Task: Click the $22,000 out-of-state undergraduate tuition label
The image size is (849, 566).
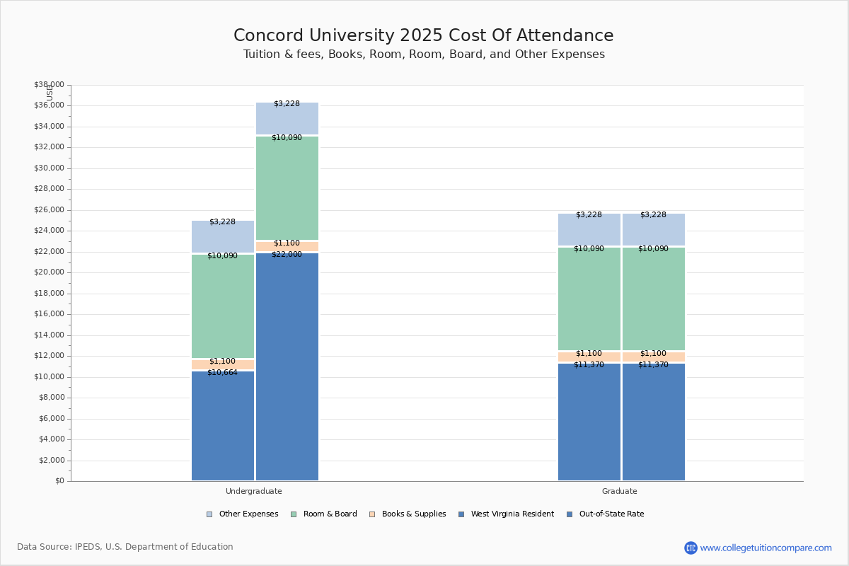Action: (287, 255)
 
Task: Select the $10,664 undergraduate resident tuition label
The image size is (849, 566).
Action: (222, 373)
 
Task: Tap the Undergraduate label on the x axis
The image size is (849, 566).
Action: (253, 491)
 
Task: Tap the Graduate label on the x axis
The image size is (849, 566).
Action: (620, 491)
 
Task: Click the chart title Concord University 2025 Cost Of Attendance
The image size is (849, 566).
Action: (424, 36)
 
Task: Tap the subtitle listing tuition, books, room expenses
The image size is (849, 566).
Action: (424, 54)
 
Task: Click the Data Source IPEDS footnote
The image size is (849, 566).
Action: (125, 547)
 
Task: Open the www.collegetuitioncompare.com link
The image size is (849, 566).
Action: (766, 548)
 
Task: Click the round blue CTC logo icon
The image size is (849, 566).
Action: (691, 548)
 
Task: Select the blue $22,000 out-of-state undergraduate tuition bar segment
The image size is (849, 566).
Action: (287, 368)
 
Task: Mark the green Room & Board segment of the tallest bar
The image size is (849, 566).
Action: (287, 188)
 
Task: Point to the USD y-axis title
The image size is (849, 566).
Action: (50, 93)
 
